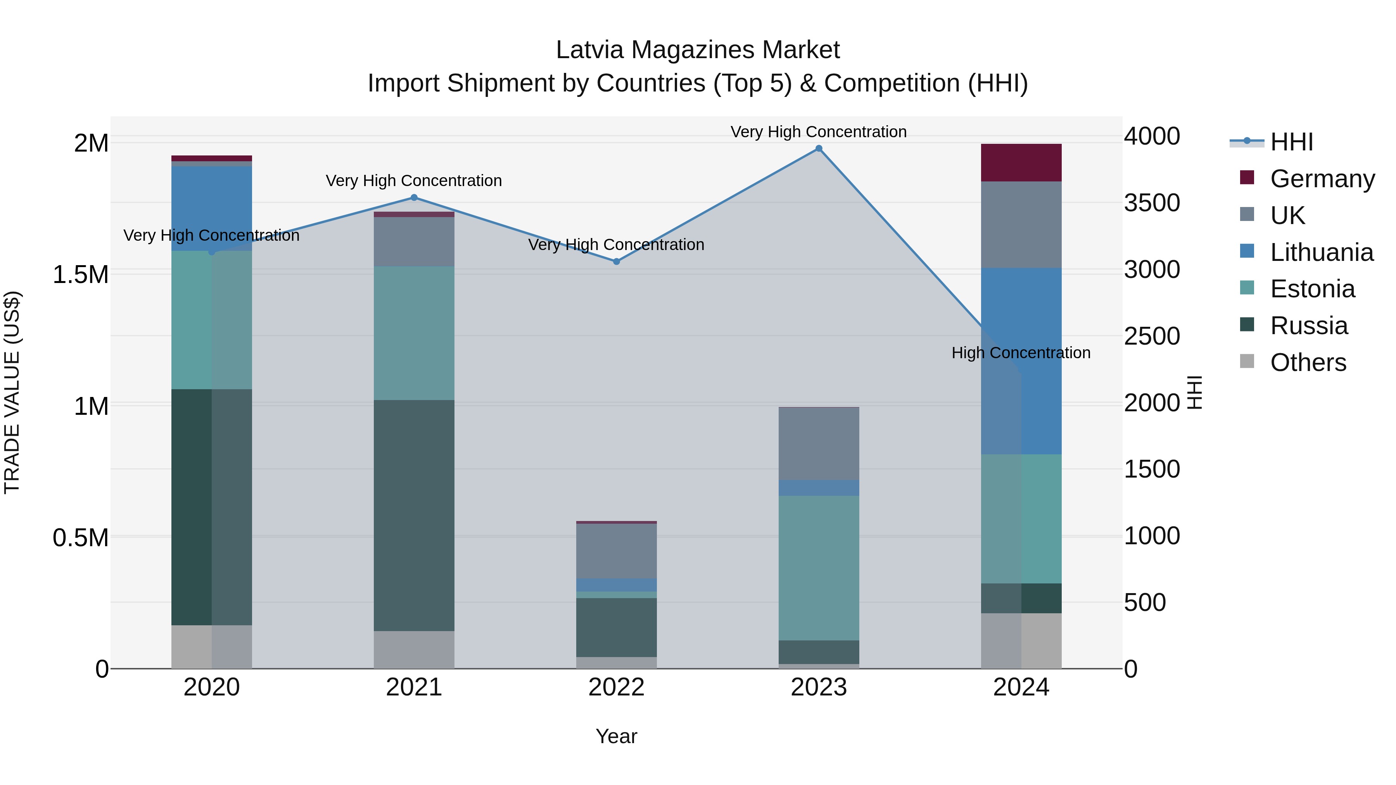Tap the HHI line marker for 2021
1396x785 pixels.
(x=414, y=197)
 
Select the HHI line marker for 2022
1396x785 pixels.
(x=616, y=261)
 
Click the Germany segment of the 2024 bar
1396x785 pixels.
(x=1021, y=162)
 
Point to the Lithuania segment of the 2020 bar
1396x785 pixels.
(x=211, y=208)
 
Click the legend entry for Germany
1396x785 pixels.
(x=1322, y=178)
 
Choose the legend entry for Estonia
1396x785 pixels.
(x=1312, y=289)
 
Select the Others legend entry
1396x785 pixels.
(x=1308, y=362)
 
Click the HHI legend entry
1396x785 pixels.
(x=1291, y=142)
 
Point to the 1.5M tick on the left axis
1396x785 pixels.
(x=80, y=275)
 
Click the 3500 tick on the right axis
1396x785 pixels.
(x=1152, y=203)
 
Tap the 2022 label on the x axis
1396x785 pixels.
(x=616, y=687)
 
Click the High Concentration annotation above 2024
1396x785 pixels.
(x=1021, y=353)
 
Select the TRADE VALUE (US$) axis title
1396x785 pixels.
(x=12, y=392)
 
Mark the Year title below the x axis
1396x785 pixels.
(x=616, y=736)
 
